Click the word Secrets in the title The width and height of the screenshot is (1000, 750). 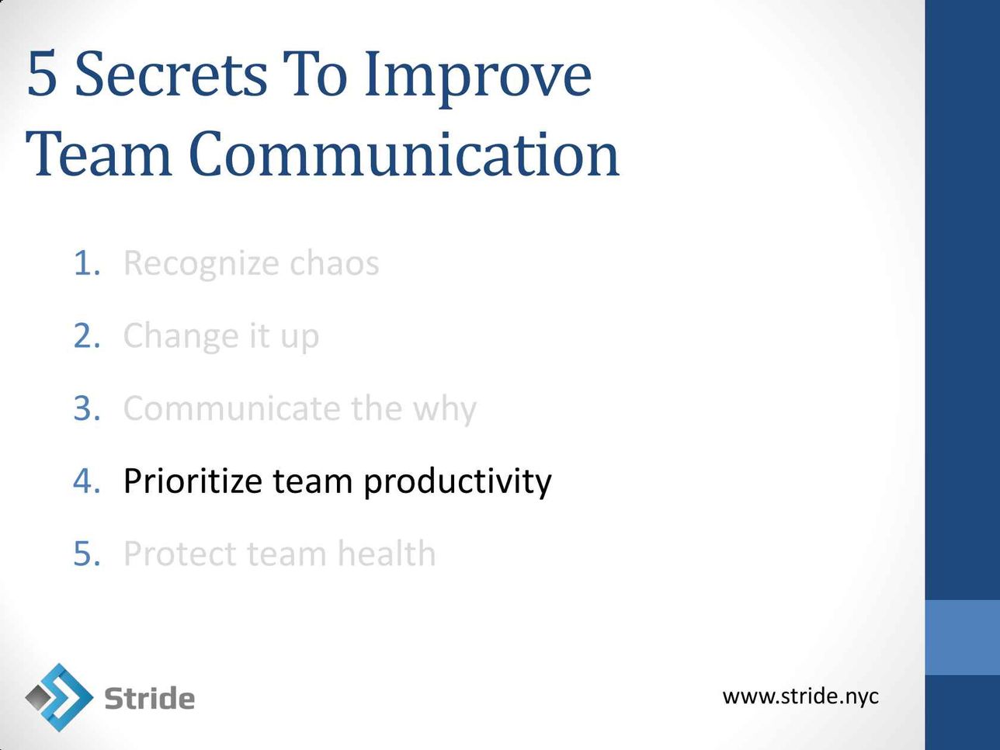171,75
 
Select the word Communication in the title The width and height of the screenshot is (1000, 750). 404,154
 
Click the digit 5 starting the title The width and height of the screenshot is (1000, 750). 42,75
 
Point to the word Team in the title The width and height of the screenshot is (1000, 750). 99,154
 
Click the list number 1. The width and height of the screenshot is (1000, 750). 86,263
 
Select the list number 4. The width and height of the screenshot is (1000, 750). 86,481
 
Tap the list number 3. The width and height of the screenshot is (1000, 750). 86,408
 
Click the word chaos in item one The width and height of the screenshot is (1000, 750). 335,262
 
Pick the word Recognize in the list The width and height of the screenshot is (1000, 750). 201,265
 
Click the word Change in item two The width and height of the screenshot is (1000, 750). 181,338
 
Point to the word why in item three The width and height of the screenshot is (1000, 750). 445,409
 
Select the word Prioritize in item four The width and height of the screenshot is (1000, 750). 193,481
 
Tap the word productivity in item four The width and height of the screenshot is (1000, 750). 457,482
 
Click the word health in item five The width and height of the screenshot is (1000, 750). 387,554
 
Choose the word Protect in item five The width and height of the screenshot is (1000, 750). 180,554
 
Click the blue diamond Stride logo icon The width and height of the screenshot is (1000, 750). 59,697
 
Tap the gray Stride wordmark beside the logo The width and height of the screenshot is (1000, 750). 149,698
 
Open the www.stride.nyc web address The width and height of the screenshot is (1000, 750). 800,696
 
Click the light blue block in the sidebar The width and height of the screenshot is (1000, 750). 962,637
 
